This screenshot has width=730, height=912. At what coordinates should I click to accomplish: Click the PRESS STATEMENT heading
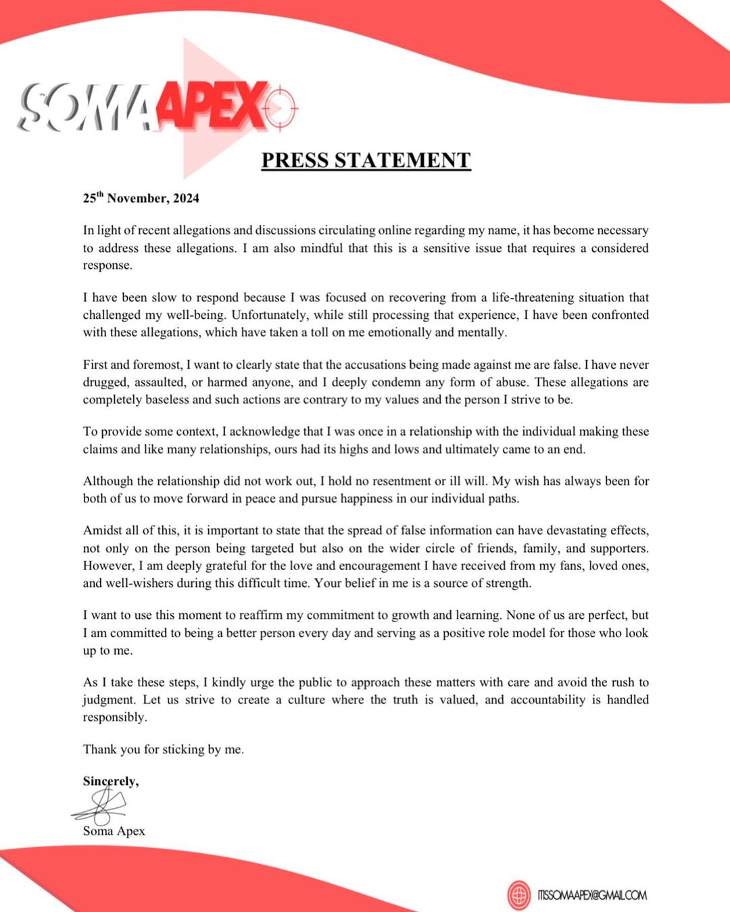tap(366, 160)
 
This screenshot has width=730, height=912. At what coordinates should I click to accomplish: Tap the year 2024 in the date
tap(186, 198)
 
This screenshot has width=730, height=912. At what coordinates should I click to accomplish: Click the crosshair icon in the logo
tap(281, 107)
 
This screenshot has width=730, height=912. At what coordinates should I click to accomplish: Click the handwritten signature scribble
tap(101, 805)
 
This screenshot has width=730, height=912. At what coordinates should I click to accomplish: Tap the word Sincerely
tap(110, 781)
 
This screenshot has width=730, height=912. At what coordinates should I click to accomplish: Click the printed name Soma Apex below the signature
tap(114, 831)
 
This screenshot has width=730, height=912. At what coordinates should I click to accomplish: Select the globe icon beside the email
tap(520, 895)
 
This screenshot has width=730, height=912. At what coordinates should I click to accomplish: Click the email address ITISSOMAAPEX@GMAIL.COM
tap(592, 895)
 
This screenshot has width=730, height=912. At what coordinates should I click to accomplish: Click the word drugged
tap(105, 382)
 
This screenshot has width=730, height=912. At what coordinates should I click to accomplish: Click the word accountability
tap(548, 700)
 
